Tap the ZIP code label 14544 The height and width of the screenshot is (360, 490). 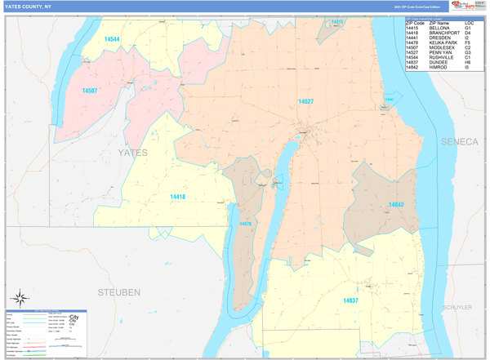pyautogui.click(x=111, y=39)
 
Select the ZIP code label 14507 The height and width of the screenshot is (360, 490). pyautogui.click(x=89, y=91)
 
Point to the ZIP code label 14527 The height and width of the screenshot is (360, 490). pyautogui.click(x=305, y=101)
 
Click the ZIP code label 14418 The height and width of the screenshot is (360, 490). pyautogui.click(x=177, y=197)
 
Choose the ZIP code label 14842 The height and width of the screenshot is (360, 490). pyautogui.click(x=395, y=205)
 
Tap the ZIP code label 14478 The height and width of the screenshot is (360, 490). pyautogui.click(x=245, y=224)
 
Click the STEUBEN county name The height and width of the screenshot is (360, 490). pyautogui.click(x=119, y=291)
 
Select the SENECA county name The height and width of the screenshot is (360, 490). pyautogui.click(x=459, y=141)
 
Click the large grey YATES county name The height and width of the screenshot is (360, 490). pyautogui.click(x=132, y=153)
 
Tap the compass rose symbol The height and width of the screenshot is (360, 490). pyautogui.click(x=20, y=298)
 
